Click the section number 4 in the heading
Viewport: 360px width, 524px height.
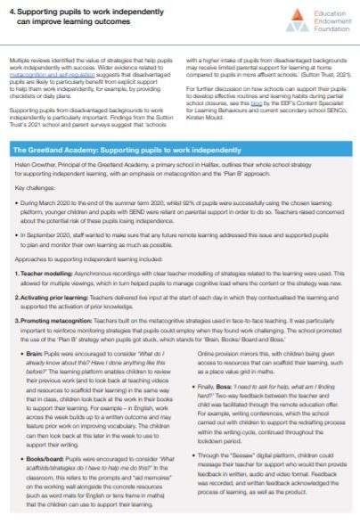pos(12,10)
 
